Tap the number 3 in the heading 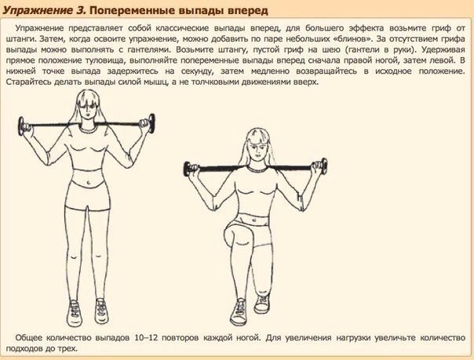(80, 10)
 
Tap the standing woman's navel (88, 183)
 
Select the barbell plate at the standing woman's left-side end (22, 127)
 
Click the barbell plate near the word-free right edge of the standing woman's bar (151, 123)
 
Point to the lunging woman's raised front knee (231, 234)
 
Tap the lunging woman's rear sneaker (262, 302)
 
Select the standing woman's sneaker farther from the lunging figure (74, 313)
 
